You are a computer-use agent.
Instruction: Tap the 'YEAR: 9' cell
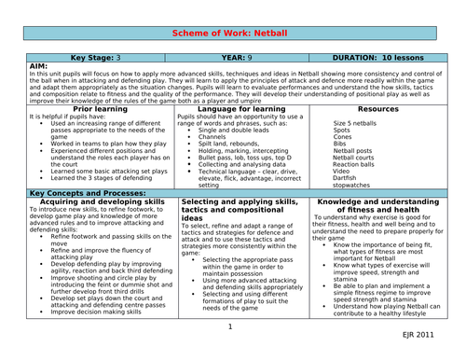[235, 57]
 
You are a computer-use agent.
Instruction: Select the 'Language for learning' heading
[235, 108]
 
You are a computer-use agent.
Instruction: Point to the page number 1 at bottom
[229, 327]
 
